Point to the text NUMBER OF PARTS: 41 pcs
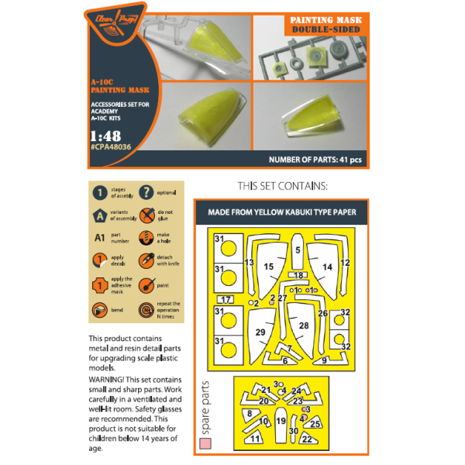point(315,160)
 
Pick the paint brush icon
point(144,285)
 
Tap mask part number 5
point(297,250)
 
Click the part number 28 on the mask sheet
point(303,325)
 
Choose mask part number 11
point(256,439)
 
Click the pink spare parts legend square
point(205,444)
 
